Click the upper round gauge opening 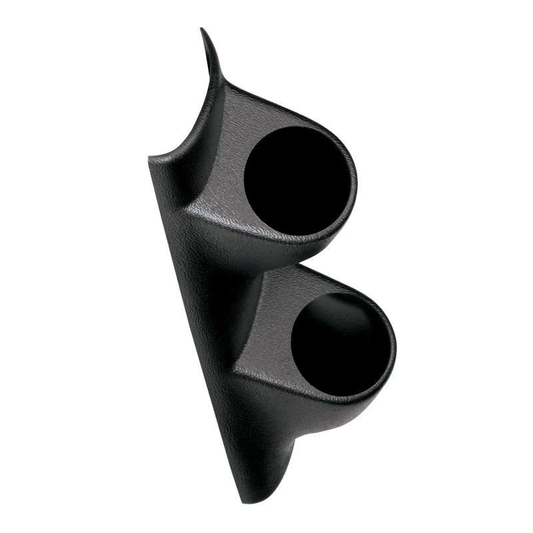(x=296, y=180)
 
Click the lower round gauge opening (x=342, y=343)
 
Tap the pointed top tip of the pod (x=202, y=29)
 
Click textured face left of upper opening (x=223, y=167)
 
